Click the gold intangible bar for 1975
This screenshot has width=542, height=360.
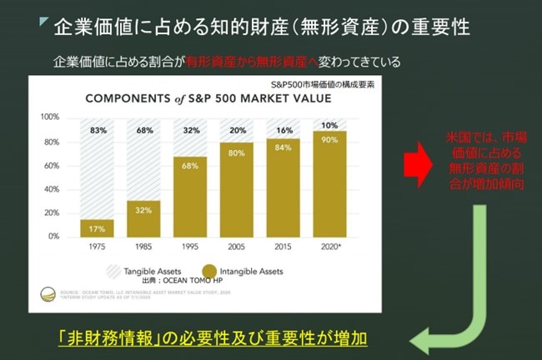[98, 227]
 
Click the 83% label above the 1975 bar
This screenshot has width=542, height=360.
[98, 130]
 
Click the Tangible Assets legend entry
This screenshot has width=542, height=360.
[135, 271]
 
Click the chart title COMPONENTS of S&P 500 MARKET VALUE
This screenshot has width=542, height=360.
[208, 98]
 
